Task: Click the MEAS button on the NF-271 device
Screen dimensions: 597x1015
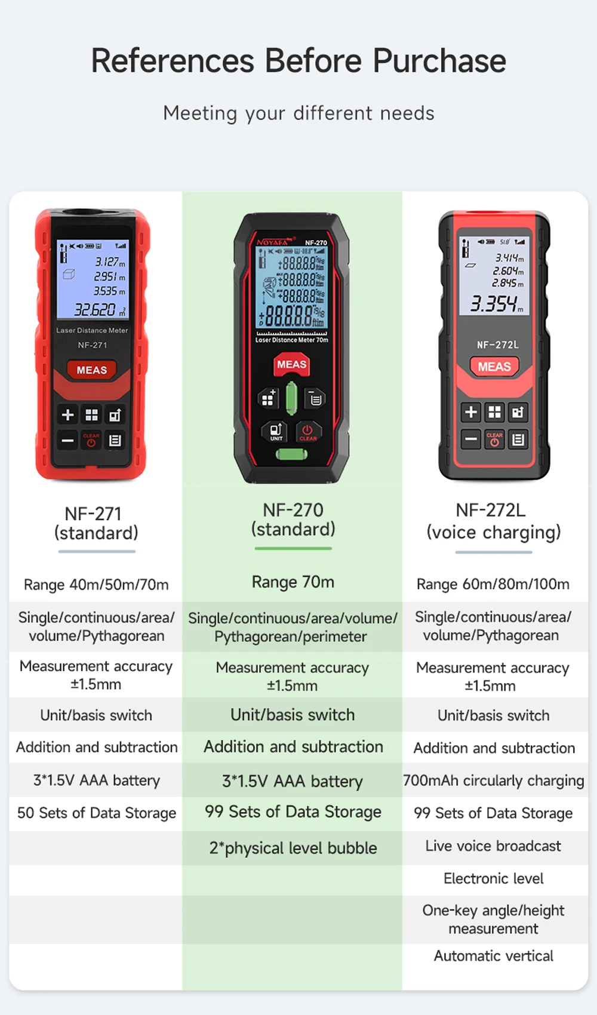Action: [92, 370]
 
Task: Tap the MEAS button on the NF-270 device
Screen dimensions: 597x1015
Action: [292, 365]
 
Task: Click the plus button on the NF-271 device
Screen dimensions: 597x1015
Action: [68, 414]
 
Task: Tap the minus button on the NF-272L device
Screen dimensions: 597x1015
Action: [471, 439]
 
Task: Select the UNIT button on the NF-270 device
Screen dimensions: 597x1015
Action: [276, 432]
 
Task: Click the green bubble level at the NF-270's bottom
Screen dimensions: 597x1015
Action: [292, 454]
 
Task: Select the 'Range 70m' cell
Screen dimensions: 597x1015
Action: [293, 582]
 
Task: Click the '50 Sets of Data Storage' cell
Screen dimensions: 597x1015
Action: [97, 813]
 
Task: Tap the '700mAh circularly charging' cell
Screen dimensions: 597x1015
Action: [494, 780]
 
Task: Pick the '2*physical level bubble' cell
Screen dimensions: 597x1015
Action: [293, 848]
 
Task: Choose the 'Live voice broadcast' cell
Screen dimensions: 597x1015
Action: [493, 846]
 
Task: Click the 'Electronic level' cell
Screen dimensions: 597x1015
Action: [493, 879]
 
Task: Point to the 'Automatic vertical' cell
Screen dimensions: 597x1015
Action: [494, 956]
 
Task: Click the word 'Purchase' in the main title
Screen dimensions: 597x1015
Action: [439, 60]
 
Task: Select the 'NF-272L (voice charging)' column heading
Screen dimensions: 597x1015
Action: [493, 521]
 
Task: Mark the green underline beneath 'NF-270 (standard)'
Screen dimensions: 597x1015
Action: [293, 548]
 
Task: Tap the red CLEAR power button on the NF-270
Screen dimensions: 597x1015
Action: [308, 432]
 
